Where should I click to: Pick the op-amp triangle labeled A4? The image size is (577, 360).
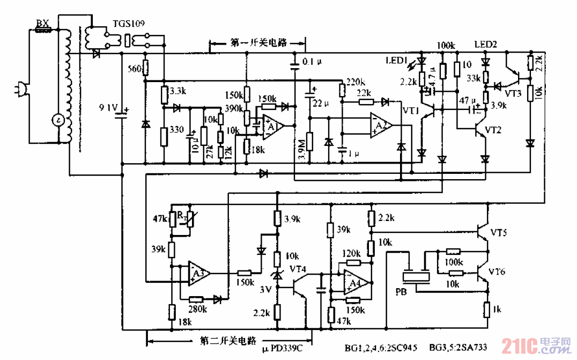tap(356, 282)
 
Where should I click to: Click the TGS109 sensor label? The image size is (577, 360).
tap(128, 24)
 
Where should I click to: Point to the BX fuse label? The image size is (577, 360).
tap(42, 23)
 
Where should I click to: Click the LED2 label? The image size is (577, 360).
tap(485, 43)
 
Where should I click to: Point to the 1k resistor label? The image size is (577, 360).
tap(498, 310)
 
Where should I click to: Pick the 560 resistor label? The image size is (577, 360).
tap(135, 68)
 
